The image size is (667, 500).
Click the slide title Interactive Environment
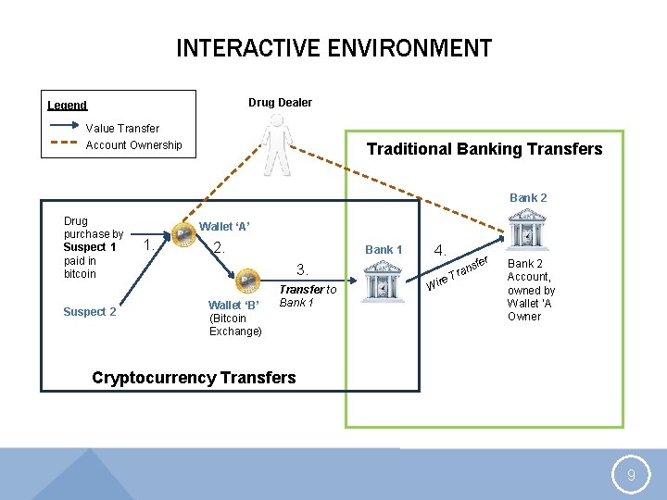333,48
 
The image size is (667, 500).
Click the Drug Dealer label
280,102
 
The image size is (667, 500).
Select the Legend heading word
68,106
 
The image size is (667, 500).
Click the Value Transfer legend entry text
122,128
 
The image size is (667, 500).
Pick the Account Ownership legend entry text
133,144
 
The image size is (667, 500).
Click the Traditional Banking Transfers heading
485,149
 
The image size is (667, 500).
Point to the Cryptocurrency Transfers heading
194,377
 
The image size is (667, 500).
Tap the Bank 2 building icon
524,229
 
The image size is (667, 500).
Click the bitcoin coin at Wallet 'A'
183,235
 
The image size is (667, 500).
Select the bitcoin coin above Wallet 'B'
246,280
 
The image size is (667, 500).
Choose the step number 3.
301,269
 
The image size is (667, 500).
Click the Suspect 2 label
90,311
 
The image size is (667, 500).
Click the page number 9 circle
631,476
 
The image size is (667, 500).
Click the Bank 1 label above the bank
384,249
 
